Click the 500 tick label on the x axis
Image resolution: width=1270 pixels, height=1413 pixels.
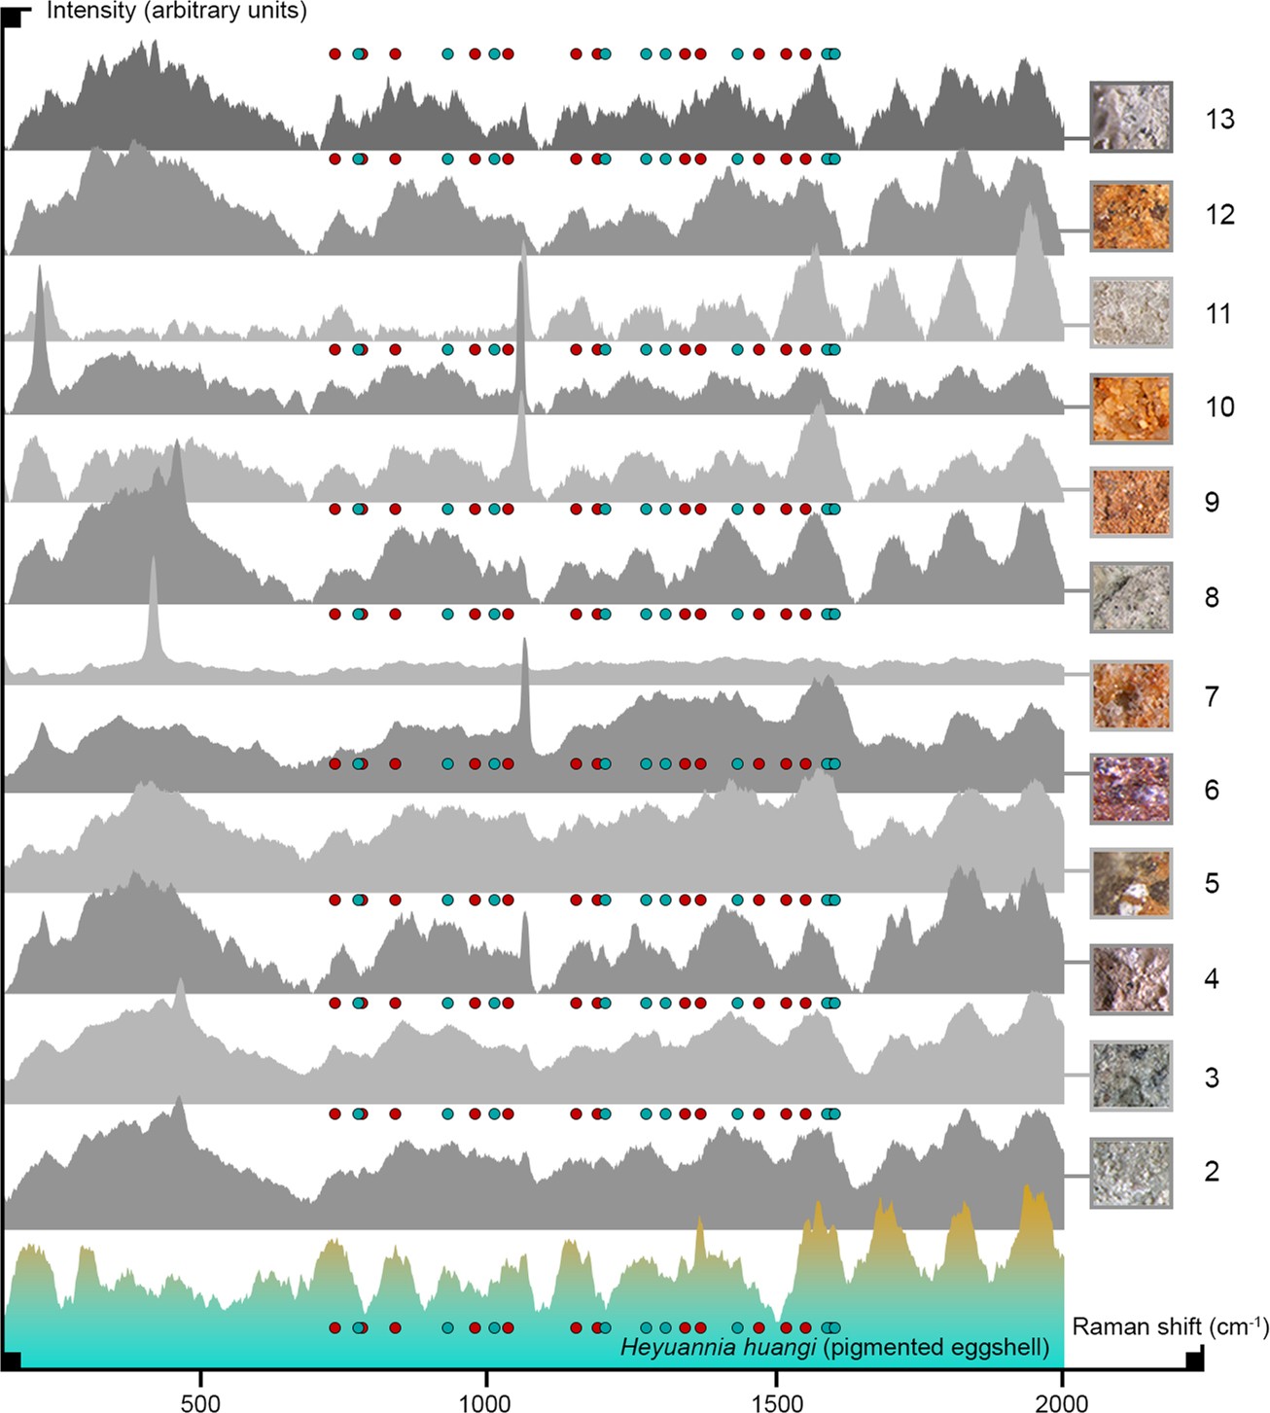tap(200, 1401)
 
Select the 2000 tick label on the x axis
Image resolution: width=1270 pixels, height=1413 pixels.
tap(1062, 1401)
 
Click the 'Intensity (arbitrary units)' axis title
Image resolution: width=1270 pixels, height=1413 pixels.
tap(176, 12)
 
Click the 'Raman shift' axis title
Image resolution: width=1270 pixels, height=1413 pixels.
tap(1170, 1325)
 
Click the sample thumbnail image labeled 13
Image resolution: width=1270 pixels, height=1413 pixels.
tap(1131, 118)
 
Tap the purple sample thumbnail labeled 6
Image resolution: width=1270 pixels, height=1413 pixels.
tap(1131, 789)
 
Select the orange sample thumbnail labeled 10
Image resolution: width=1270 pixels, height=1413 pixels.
tap(1131, 408)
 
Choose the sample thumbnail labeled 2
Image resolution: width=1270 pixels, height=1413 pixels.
tap(1131, 1173)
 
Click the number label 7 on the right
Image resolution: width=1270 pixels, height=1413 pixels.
tap(1212, 696)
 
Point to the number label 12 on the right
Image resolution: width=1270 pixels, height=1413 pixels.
tap(1219, 214)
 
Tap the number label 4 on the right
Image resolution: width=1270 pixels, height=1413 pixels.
tap(1212, 978)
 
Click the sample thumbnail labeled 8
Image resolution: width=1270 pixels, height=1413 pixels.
tap(1131, 598)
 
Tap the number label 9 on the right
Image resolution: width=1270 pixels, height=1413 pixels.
tap(1212, 502)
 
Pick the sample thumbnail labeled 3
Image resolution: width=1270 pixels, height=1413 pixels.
tap(1131, 1075)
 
